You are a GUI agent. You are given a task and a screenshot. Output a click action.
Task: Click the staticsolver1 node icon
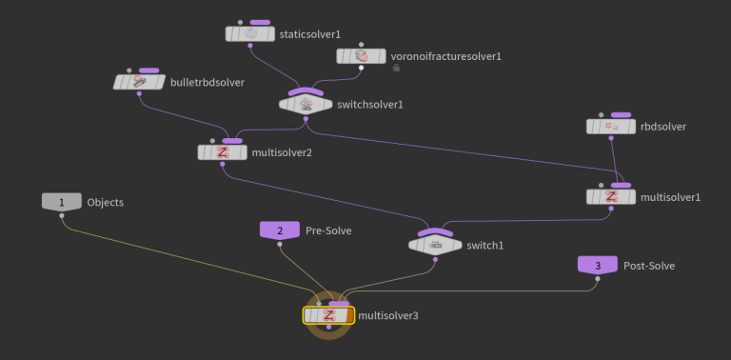[x=250, y=34]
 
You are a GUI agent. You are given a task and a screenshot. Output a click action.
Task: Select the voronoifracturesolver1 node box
[x=361, y=56]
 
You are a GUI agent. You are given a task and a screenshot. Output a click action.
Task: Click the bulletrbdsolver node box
[x=139, y=83]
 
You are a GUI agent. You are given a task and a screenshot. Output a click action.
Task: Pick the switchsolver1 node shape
[x=306, y=104]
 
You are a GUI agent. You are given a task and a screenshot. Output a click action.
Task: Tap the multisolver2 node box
[x=221, y=152]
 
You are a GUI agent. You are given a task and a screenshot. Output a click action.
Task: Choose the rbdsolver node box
[x=609, y=126]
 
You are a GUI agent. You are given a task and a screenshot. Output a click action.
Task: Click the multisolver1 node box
[x=611, y=197]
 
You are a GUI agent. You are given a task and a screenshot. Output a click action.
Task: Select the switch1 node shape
[x=435, y=245]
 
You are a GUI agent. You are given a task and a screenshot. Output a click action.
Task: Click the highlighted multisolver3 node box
[x=328, y=315]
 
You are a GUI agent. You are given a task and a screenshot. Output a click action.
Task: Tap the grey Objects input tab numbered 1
[x=62, y=202]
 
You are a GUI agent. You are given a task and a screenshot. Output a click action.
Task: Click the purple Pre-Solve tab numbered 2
[x=280, y=230]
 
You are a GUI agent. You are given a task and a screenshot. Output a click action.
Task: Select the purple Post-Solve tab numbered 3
[x=598, y=265]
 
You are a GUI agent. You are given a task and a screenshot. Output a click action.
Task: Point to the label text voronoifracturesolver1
[x=446, y=56]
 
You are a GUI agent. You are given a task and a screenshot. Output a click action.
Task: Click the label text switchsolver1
[x=371, y=105]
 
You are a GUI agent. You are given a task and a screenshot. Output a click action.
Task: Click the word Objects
[x=106, y=202]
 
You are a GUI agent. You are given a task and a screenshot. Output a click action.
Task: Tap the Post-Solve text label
[x=648, y=265]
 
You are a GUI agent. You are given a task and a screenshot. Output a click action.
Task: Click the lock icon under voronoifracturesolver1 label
[x=396, y=69]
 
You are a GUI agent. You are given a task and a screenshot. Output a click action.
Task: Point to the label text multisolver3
[x=388, y=315]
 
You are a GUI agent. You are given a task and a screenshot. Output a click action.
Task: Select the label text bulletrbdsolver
[x=207, y=83]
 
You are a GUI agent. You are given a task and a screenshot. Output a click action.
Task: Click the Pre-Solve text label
[x=329, y=230]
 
